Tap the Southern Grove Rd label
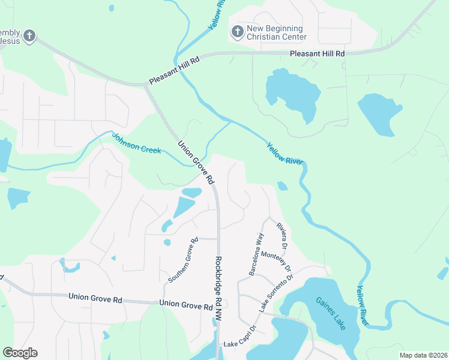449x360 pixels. coord(183,260)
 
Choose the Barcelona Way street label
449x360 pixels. coord(257,254)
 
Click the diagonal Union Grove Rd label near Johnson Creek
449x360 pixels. coord(196,162)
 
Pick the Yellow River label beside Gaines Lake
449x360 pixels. coord(364,305)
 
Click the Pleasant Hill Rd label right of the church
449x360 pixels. coord(317,53)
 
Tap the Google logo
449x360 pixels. coord(20,353)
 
